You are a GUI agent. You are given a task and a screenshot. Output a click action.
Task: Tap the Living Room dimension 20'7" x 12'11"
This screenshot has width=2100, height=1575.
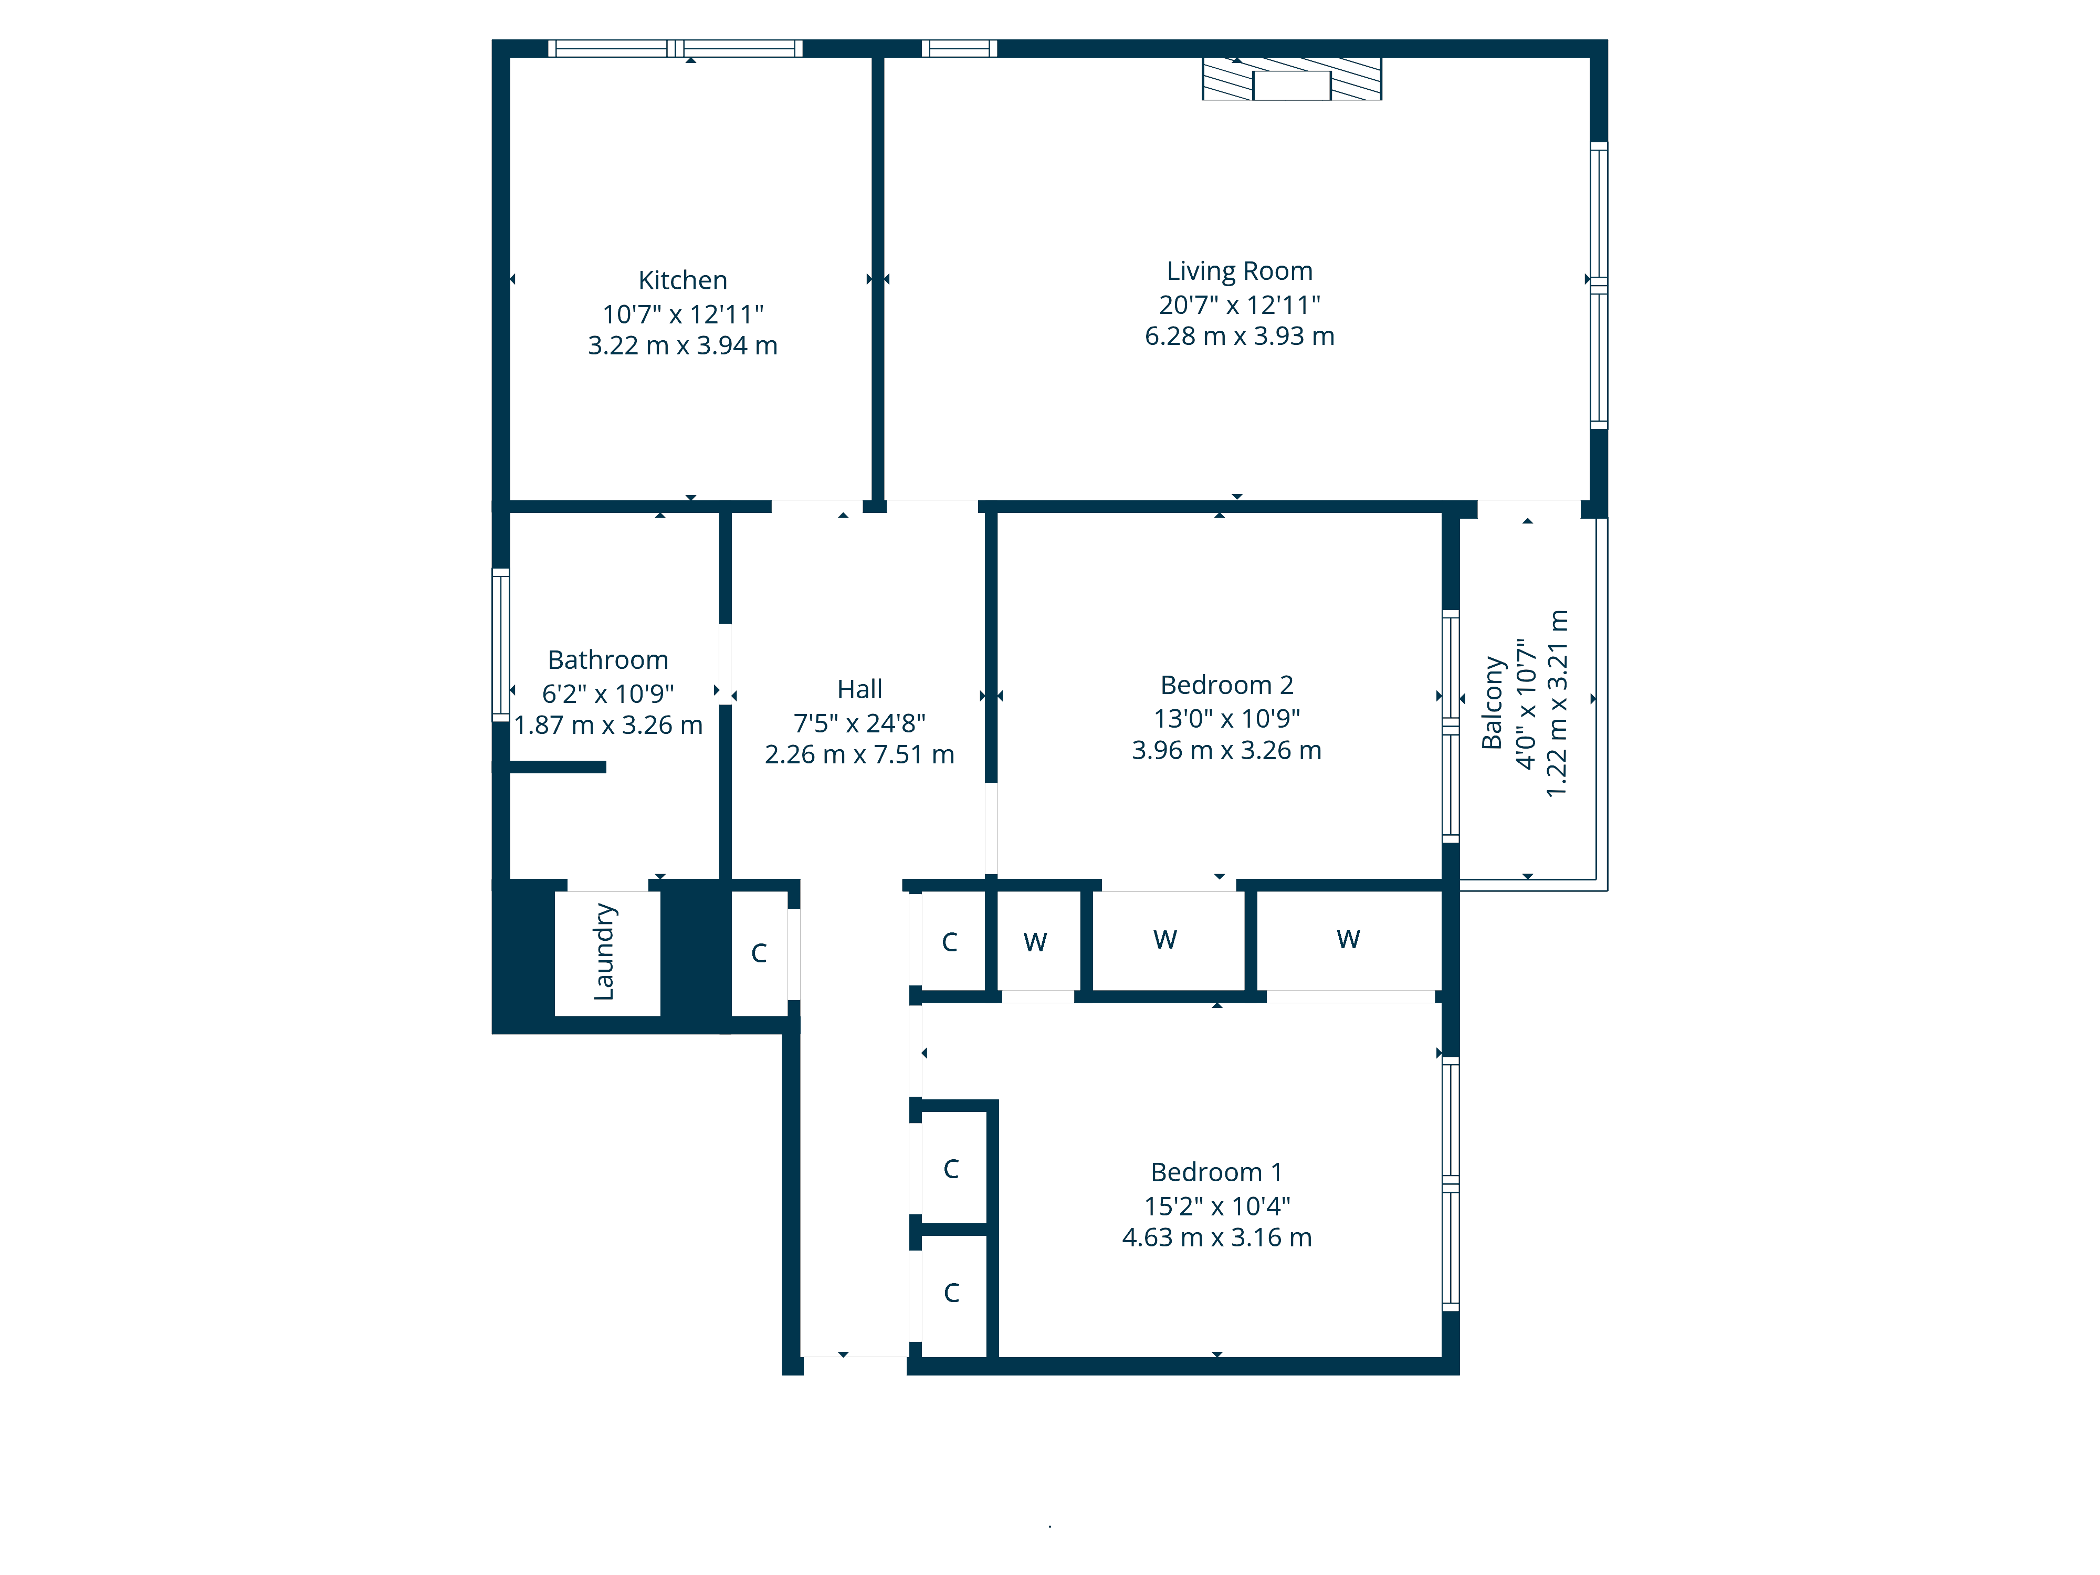coord(1239,304)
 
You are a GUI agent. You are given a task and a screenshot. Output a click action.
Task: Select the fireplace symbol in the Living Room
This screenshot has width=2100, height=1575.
coord(1291,80)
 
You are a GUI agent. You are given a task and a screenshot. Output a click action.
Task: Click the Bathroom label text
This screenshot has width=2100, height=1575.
coord(607,660)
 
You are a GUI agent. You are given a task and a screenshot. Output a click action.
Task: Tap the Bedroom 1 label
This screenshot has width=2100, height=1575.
coord(1216,1172)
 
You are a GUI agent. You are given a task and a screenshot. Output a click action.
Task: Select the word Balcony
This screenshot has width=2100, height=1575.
coord(1493,702)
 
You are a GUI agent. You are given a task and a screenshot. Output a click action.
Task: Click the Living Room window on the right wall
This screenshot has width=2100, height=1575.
coord(1599,285)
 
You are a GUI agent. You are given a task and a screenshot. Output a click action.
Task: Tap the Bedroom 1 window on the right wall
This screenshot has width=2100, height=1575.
coord(1450,1184)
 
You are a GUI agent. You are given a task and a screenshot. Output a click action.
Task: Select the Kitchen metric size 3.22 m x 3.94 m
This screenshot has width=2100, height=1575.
coord(682,345)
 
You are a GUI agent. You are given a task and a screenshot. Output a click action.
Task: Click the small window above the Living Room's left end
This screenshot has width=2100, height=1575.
coord(959,48)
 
